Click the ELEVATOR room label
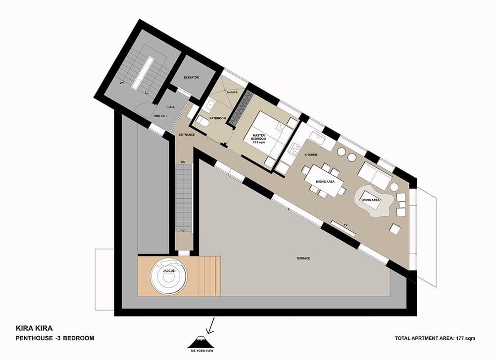(191, 77)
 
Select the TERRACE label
(303, 258)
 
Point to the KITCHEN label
(311, 155)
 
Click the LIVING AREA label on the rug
(371, 200)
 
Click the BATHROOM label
(218, 118)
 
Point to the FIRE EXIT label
(160, 115)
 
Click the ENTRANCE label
(187, 134)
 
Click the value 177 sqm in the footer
(466, 339)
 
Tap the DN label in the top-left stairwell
(121, 83)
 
